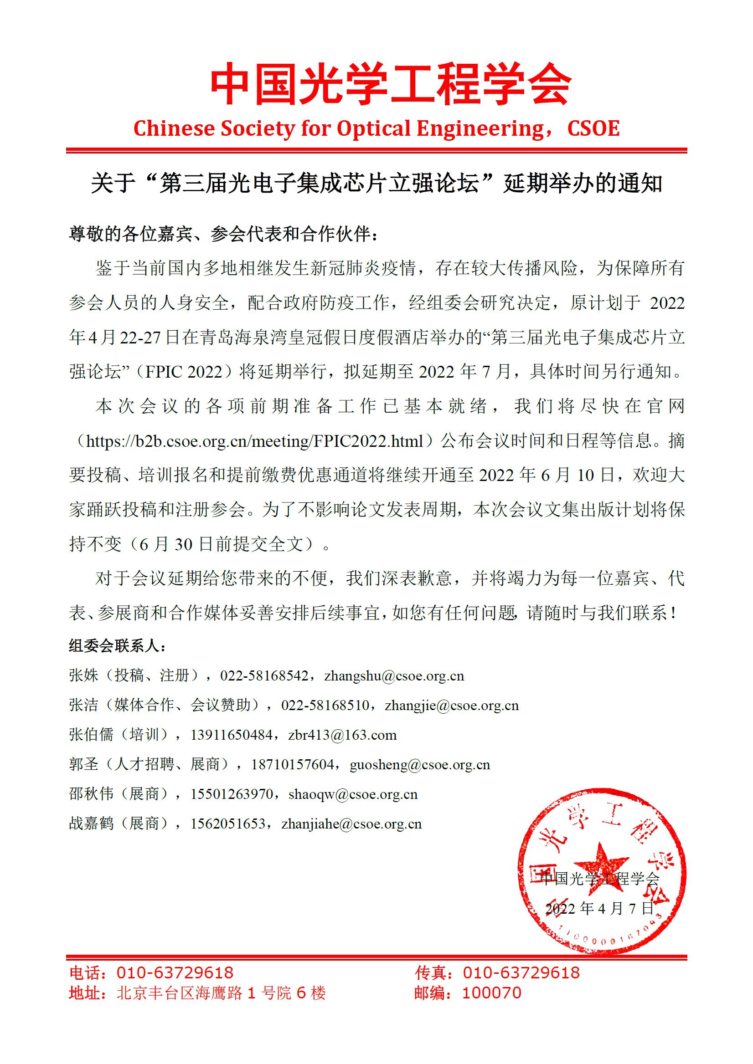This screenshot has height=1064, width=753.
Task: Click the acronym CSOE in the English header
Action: (593, 129)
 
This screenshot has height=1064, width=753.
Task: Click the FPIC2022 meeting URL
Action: (254, 441)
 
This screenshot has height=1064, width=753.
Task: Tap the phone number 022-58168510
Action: (325, 706)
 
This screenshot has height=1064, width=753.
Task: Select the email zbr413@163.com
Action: (342, 735)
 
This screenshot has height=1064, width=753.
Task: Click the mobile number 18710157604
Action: (293, 765)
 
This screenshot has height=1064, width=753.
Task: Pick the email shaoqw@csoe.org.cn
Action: (353, 794)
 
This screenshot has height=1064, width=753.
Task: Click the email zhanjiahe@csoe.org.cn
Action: (351, 824)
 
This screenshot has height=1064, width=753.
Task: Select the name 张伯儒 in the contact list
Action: (91, 735)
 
